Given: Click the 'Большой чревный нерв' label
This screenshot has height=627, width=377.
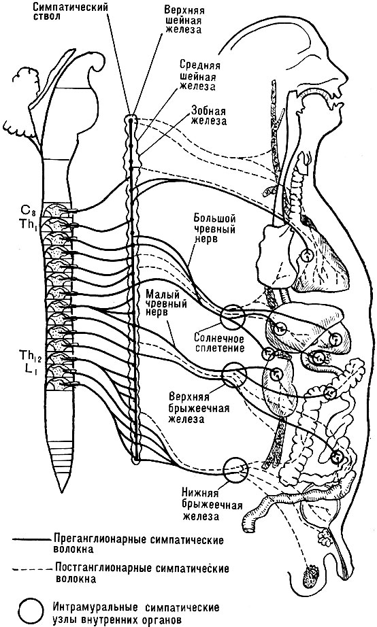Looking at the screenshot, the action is coord(214,228).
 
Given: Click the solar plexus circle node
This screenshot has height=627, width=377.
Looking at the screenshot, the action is coord(233,316).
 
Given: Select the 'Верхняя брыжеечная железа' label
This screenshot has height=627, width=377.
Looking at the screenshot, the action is coord(199,408).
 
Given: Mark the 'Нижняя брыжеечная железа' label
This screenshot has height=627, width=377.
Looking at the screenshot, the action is coord(212,504).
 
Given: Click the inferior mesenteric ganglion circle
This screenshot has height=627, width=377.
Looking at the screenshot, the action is coord(235,470).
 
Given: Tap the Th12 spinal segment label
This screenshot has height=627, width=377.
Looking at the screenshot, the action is coord(29,355).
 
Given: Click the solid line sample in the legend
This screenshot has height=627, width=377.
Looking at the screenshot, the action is coord(31,539).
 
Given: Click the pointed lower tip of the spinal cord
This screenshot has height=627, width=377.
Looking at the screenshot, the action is coord(61,490).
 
